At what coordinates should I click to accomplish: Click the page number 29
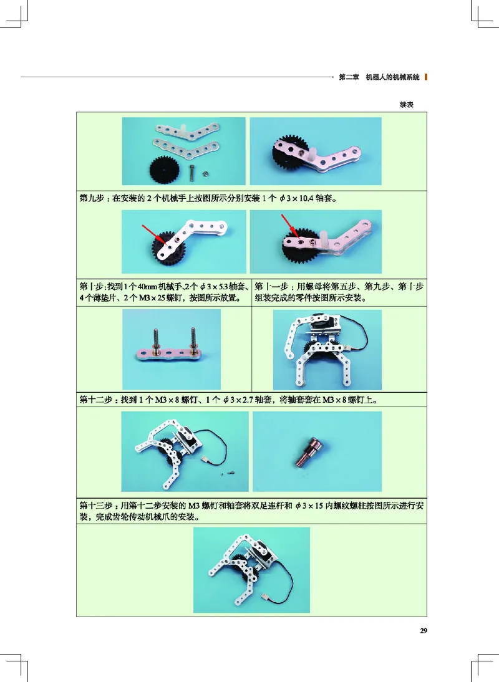423,631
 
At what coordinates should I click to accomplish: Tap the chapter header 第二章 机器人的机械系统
379,78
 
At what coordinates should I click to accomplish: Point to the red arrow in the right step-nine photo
289,226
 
